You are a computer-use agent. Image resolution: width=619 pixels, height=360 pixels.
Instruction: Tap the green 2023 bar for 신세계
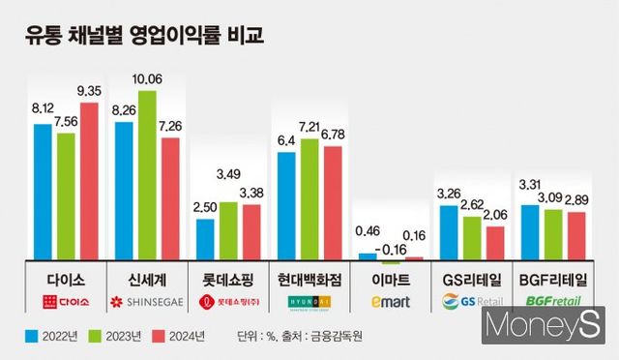pyautogui.click(x=147, y=175)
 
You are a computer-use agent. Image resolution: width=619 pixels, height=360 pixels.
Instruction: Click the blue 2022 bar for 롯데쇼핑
pyautogui.click(x=205, y=239)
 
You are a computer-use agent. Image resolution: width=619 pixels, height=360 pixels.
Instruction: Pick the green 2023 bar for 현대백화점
pyautogui.click(x=309, y=198)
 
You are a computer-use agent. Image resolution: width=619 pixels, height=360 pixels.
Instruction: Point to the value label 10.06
pyautogui.click(x=147, y=79)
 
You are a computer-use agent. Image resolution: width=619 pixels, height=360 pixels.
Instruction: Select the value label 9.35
pyautogui.click(x=89, y=91)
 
